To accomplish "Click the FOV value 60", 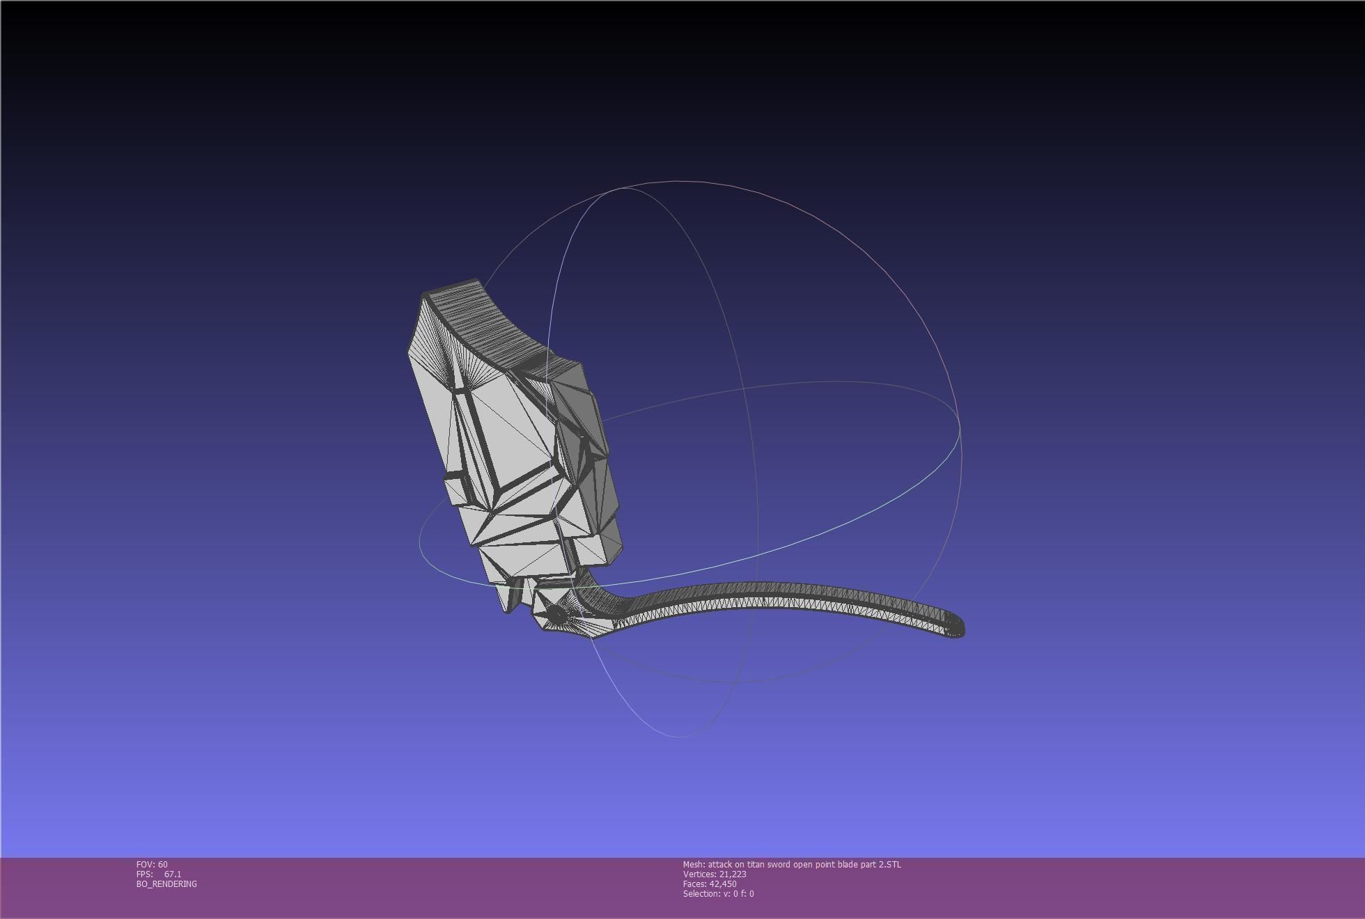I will pyautogui.click(x=163, y=864).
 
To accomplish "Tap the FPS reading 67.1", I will pyautogui.click(x=173, y=874).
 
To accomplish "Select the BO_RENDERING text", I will pyautogui.click(x=166, y=883).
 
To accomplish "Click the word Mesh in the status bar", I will pyautogui.click(x=693, y=864).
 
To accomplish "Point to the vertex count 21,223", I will pyautogui.click(x=733, y=874).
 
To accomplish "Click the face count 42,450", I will pyautogui.click(x=723, y=883).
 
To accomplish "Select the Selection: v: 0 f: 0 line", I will pyautogui.click(x=718, y=893).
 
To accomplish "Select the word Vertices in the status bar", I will pyautogui.click(x=699, y=874).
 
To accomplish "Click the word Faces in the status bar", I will pyautogui.click(x=694, y=883).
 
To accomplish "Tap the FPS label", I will pyautogui.click(x=144, y=874).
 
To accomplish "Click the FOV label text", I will pyautogui.click(x=146, y=864).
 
